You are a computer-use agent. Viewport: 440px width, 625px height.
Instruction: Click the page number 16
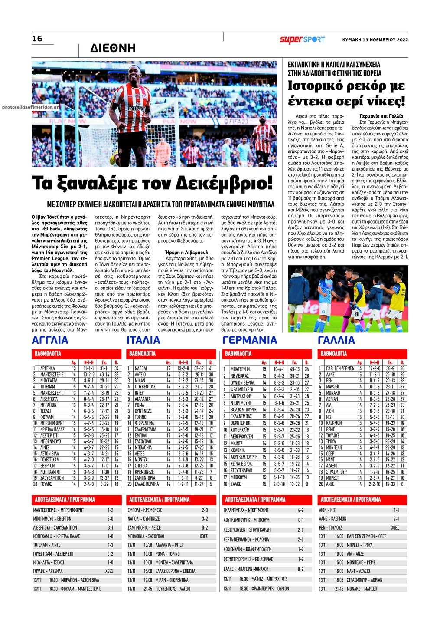pyautogui.click(x=37, y=39)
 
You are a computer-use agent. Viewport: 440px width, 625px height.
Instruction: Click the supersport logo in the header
pyautogui.click(x=302, y=39)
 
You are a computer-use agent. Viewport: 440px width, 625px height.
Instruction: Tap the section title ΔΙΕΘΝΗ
pyautogui.click(x=113, y=48)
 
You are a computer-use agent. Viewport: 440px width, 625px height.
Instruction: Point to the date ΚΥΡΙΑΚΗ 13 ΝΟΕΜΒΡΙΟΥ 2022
pyautogui.click(x=375, y=40)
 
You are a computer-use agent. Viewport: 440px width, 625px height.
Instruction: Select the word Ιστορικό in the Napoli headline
pyautogui.click(x=315, y=86)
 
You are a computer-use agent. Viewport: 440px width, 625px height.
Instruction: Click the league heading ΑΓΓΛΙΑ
pyautogui.click(x=50, y=340)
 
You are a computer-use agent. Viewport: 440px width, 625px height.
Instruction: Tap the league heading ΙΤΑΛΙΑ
pyautogui.click(x=143, y=340)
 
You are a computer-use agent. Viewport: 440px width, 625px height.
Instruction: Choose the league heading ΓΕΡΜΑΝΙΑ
pyautogui.click(x=249, y=340)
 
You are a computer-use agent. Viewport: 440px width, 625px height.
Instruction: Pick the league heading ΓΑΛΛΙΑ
pyautogui.click(x=336, y=340)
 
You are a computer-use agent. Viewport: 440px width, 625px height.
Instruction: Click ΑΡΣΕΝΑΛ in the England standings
pyautogui.click(x=47, y=368)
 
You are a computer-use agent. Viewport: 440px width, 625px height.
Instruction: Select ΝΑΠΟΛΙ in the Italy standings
pyautogui.click(x=141, y=368)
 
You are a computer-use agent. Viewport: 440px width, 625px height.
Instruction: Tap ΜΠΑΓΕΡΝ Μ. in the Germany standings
pyautogui.click(x=240, y=369)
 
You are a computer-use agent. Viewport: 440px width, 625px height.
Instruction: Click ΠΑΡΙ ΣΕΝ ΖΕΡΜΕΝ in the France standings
pyautogui.click(x=340, y=368)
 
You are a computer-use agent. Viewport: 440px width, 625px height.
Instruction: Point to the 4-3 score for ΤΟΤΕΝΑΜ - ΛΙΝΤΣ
pyautogui.click(x=110, y=545)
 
